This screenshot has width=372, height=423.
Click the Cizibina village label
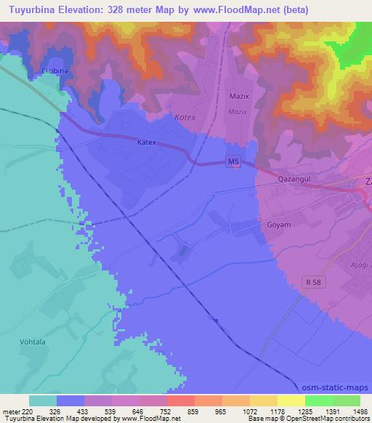[54, 70]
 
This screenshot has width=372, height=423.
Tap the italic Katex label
[185, 116]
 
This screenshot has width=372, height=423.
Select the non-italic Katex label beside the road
[147, 143]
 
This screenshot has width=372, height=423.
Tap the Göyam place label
[278, 225]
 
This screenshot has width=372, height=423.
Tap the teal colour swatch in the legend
[42, 400]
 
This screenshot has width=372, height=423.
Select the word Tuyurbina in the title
[33, 10]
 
